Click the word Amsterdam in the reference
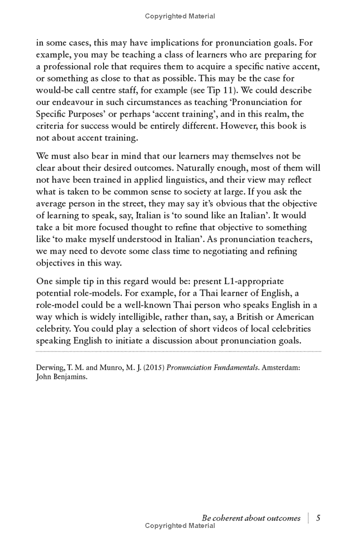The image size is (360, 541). (x=279, y=368)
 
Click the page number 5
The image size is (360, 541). (x=318, y=518)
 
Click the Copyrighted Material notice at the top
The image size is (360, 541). (x=180, y=16)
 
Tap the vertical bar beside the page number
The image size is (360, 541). (x=309, y=518)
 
